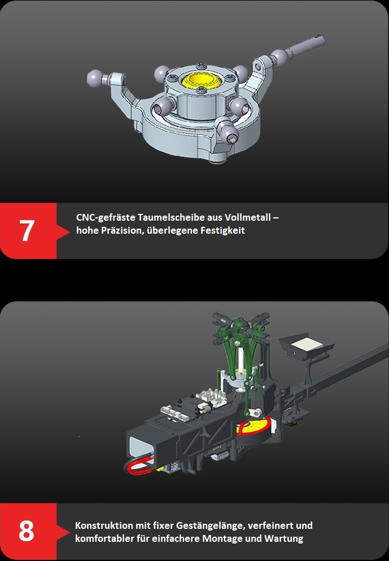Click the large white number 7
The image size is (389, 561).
27,230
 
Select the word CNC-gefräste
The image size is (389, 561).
106,217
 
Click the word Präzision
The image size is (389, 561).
121,230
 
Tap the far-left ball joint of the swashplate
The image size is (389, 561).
94,78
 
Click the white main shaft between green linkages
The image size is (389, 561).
242,361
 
